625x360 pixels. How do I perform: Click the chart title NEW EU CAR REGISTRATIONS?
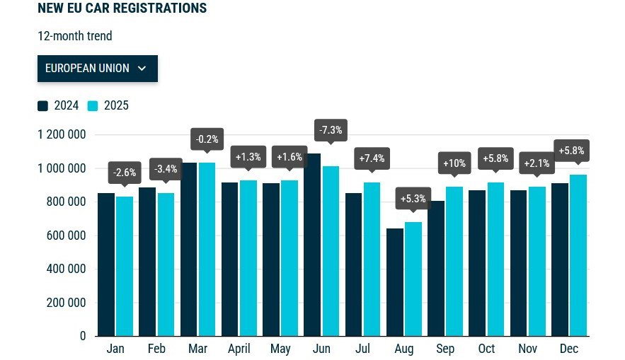(x=122, y=8)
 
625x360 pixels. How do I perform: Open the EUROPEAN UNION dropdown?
(x=97, y=69)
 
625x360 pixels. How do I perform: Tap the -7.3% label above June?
(x=331, y=131)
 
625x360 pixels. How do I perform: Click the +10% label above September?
(x=454, y=163)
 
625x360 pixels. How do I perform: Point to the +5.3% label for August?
(x=413, y=199)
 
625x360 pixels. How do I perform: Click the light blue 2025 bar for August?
(x=413, y=279)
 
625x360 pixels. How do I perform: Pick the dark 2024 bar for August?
(x=394, y=282)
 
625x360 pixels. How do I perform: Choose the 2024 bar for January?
(x=106, y=265)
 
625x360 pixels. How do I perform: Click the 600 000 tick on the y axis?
(x=65, y=236)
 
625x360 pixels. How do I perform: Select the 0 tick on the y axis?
(x=83, y=336)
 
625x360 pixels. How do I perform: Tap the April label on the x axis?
(x=239, y=349)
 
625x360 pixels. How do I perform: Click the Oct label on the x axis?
(x=486, y=349)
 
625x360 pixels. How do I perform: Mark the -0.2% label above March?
(x=207, y=139)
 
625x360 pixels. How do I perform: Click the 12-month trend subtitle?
(x=75, y=36)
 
